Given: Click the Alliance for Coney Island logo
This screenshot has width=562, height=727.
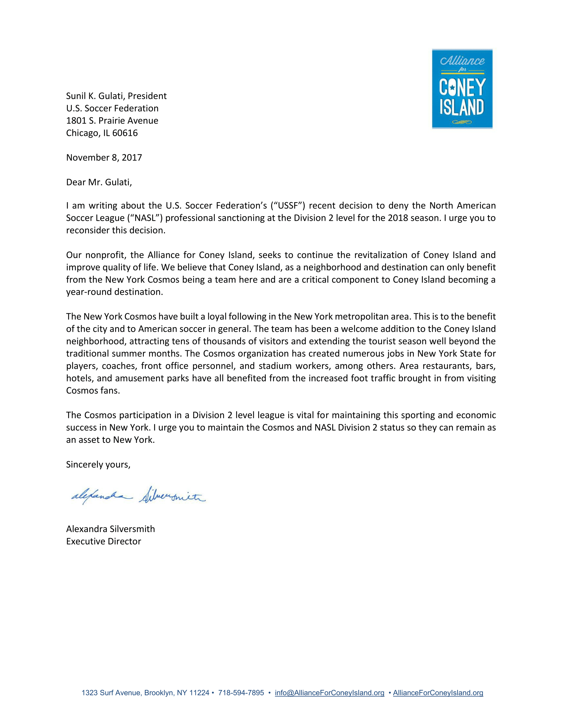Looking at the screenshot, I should click(462, 89).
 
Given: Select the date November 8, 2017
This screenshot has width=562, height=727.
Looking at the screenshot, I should click(104, 157).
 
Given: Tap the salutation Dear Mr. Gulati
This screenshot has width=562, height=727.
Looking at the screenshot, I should click(99, 182).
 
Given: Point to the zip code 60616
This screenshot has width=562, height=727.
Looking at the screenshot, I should click(125, 133).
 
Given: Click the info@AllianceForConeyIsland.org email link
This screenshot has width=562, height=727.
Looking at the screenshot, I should click(329, 693).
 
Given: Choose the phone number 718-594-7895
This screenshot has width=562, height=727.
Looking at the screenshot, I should click(241, 693).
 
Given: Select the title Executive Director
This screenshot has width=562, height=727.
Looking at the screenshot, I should click(103, 541).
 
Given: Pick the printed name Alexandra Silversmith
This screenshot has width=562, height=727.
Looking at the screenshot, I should click(110, 529).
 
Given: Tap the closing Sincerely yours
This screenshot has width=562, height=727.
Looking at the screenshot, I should click(98, 464).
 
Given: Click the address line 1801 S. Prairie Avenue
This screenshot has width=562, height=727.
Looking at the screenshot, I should click(112, 121).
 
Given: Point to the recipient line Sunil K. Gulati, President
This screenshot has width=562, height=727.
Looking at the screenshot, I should click(116, 96).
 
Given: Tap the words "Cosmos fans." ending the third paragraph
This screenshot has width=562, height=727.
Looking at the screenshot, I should click(93, 391).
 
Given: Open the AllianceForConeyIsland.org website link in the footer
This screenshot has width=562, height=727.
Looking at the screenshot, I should click(438, 693).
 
